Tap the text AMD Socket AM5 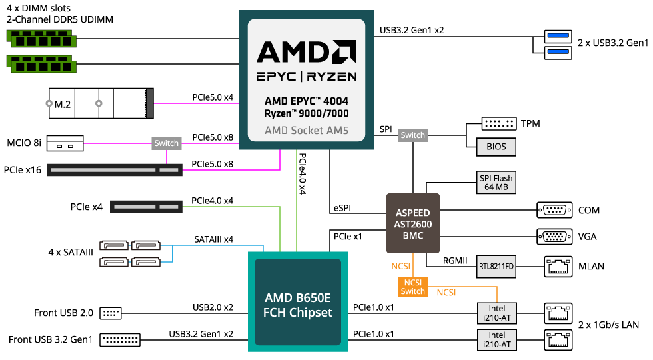tap(307, 130)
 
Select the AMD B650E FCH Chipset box tap(298, 301)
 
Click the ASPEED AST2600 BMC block tap(413, 223)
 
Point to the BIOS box tap(496, 147)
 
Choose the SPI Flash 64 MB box tap(496, 183)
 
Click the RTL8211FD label tap(496, 267)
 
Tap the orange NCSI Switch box tap(413, 287)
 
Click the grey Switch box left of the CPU tap(166, 143)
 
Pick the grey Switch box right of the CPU tap(412, 135)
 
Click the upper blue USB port tap(558, 37)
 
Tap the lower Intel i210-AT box tap(497, 340)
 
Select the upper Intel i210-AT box tap(497, 313)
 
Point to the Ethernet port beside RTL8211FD tap(558, 267)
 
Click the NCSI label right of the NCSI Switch tap(446, 292)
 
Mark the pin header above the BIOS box tap(498, 124)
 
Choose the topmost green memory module tap(41, 39)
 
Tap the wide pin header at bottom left tap(120, 340)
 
